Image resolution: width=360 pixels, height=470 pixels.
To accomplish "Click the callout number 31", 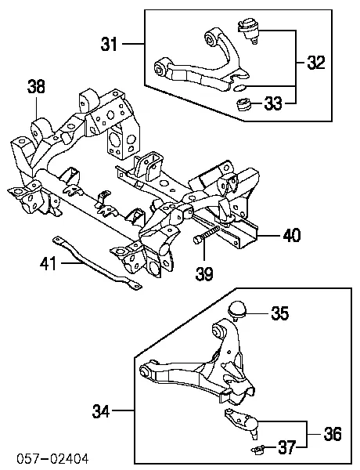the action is (x=109, y=45).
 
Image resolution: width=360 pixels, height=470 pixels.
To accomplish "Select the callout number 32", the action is (x=316, y=63).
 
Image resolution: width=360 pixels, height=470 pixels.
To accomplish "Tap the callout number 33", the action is (x=273, y=103).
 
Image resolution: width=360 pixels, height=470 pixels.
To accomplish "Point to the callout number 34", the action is (x=101, y=411).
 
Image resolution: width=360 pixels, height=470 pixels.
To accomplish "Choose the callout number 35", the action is (x=280, y=313).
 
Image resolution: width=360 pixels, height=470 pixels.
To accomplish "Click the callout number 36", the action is (x=333, y=434).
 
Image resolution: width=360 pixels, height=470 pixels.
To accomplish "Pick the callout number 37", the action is (x=287, y=447).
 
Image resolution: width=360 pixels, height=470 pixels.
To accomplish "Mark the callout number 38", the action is (x=36, y=86).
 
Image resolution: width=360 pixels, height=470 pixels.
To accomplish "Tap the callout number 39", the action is (x=204, y=273).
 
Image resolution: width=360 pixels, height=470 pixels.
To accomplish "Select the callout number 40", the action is (x=292, y=235).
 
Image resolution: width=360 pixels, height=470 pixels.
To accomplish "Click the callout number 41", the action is (x=48, y=263).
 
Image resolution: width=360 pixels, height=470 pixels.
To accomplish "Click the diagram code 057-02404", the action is (x=52, y=459).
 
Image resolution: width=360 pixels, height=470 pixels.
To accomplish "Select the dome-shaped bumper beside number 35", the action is (x=237, y=310).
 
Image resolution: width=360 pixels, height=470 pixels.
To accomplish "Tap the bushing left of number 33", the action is (x=243, y=105).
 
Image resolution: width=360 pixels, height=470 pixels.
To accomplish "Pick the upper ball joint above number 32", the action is (x=248, y=31).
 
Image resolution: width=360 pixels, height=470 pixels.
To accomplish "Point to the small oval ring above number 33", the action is (x=239, y=88).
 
